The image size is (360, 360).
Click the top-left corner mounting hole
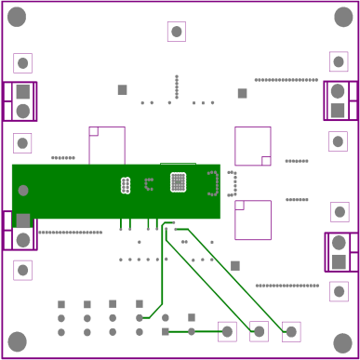(x=17, y=17)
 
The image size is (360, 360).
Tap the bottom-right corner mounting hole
(x=342, y=343)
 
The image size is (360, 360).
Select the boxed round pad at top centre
(x=176, y=32)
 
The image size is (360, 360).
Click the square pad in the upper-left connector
(x=22, y=92)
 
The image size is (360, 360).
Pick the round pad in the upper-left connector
(x=22, y=112)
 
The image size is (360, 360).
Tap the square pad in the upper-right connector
(x=338, y=111)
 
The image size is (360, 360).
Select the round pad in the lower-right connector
(x=339, y=243)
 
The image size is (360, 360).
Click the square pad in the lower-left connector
(x=22, y=220)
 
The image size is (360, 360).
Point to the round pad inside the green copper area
(x=23, y=191)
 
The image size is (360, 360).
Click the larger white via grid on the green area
(x=178, y=182)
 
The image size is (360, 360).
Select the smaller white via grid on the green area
(x=126, y=185)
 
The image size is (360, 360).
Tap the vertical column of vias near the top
(x=177, y=87)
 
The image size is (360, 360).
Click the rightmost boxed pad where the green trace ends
(x=291, y=331)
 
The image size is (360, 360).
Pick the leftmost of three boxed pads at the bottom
(x=227, y=331)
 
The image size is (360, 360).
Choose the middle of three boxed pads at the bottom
(x=260, y=331)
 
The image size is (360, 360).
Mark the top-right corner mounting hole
(x=342, y=17)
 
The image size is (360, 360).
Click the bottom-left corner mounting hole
(x=17, y=341)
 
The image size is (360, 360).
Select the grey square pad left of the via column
(x=122, y=90)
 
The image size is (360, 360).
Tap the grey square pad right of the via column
(x=242, y=93)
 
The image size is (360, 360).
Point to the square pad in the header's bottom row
(x=166, y=331)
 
